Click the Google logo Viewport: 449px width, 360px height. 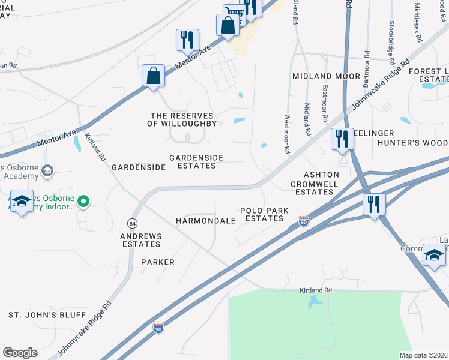(20, 352)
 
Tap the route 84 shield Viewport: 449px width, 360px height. (132, 223)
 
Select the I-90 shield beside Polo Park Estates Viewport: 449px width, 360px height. (304, 222)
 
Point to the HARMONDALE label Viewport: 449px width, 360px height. (205, 221)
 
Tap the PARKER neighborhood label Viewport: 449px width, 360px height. (158, 262)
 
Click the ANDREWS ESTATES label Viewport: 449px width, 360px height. (141, 240)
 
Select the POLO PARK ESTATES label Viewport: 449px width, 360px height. (261, 214)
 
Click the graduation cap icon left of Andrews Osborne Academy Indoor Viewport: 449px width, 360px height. (22, 202)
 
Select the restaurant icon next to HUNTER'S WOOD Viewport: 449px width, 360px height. (342, 139)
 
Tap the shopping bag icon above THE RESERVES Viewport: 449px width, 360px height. (154, 76)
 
